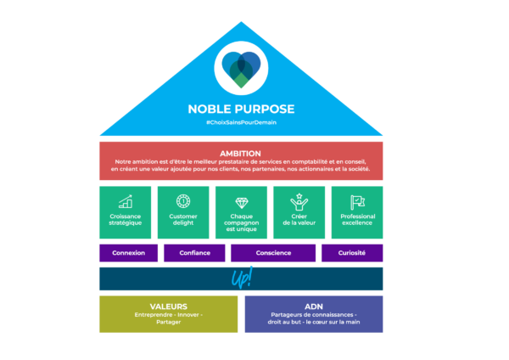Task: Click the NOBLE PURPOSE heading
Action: [242, 110]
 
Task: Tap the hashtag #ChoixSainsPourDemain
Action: [242, 123]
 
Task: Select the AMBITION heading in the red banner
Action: [241, 153]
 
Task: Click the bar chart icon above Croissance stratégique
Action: [126, 202]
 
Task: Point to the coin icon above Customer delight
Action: [183, 201]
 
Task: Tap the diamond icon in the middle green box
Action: [241, 202]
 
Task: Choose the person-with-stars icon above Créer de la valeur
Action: [299, 202]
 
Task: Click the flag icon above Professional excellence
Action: [357, 202]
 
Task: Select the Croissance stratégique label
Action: [126, 222]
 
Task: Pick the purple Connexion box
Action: [128, 253]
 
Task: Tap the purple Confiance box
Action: [194, 253]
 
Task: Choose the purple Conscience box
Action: [273, 253]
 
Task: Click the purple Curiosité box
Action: [351, 253]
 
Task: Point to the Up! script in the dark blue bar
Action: [242, 278]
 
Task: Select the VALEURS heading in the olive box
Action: [169, 306]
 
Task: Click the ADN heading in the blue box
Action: [314, 306]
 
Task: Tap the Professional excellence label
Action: [357, 222]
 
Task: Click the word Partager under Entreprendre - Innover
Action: [169, 323]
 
